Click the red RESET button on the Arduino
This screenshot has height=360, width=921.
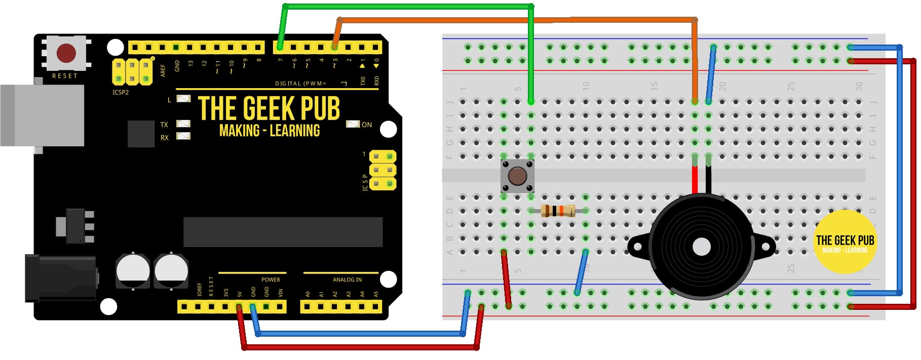click(66, 53)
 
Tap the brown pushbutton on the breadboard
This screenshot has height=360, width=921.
click(517, 176)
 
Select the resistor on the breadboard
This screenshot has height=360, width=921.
click(558, 211)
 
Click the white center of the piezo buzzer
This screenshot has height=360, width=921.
click(701, 247)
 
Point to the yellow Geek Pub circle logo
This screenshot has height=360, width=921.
click(845, 243)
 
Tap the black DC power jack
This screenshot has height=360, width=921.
click(61, 278)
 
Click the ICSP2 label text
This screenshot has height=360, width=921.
click(121, 92)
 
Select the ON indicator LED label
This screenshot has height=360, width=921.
click(367, 125)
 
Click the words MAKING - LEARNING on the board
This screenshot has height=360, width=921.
click(270, 131)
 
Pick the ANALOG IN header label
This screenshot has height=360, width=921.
click(347, 279)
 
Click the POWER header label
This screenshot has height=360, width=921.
click(271, 279)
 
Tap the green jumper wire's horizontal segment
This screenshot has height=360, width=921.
click(405, 7)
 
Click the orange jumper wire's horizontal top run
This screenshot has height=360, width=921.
click(507, 20)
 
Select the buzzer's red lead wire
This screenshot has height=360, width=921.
click(695, 180)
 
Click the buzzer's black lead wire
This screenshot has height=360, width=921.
click(708, 180)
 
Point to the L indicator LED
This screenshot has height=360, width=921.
click(183, 99)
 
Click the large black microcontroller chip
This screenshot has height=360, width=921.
click(283, 232)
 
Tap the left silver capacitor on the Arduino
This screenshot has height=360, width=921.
click(133, 270)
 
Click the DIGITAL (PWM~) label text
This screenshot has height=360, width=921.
click(301, 84)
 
